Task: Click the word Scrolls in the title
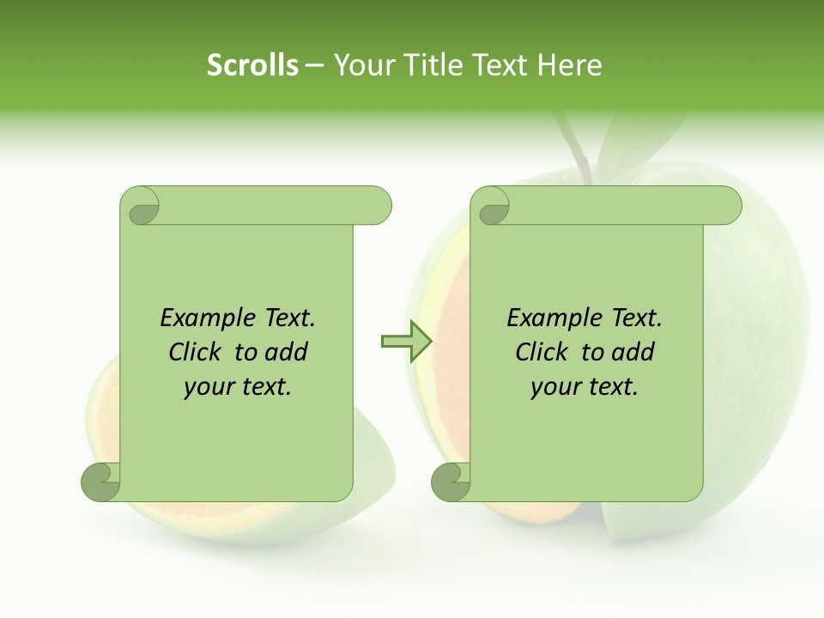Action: click(252, 65)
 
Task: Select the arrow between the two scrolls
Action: click(406, 342)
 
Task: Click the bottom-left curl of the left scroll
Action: click(100, 482)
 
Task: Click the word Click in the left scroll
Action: click(197, 352)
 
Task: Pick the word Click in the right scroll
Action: click(542, 352)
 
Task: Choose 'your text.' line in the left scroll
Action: click(238, 386)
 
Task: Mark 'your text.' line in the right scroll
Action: click(585, 386)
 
